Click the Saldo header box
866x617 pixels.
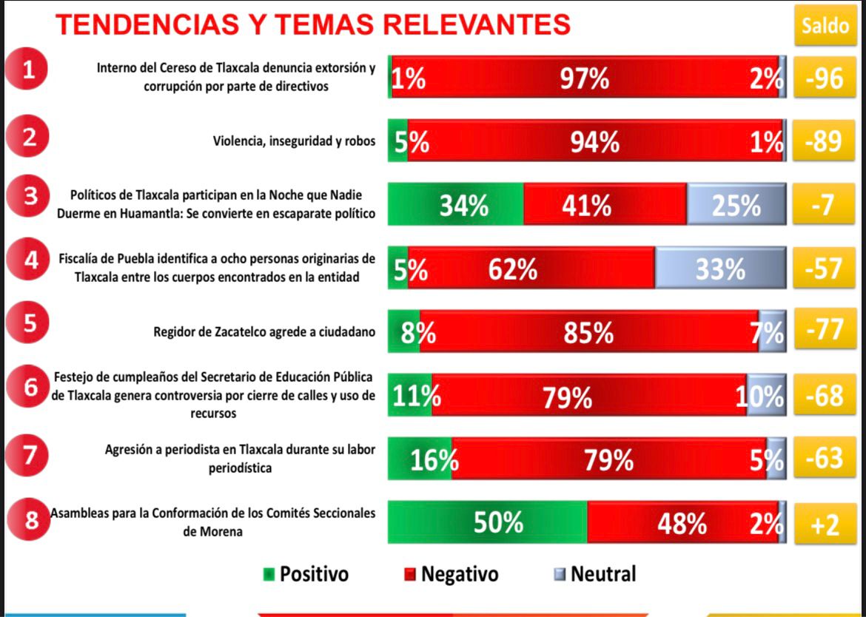coord(825,27)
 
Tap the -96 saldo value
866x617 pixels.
coord(824,77)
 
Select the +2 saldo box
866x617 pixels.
coord(824,524)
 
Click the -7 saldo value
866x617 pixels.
coord(824,204)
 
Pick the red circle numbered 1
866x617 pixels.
coord(28,72)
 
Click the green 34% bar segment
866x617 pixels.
coord(457,204)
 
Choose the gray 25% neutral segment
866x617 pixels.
coord(735,204)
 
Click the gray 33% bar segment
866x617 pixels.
coord(719,268)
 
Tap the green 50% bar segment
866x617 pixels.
coord(488,522)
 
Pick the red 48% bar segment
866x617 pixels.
coord(682,522)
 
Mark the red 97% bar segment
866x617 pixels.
coord(585,77)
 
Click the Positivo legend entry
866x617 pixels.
coord(306,574)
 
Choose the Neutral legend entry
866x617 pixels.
coord(595,574)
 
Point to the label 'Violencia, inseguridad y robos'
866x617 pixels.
coord(295,141)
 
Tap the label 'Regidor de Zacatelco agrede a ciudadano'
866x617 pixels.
coord(264,331)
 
